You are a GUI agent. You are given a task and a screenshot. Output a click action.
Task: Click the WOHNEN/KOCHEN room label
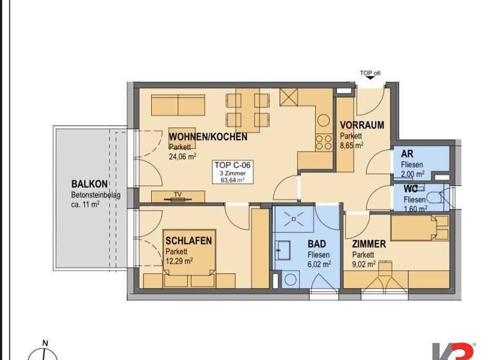[x=208, y=137]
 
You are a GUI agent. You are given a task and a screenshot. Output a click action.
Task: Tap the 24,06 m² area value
[x=183, y=155]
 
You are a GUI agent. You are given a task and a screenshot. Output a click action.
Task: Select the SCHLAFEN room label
[x=188, y=240]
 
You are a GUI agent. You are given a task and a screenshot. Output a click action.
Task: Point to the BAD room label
[x=316, y=244]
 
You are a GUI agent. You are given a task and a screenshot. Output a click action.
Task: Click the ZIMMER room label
[x=369, y=244]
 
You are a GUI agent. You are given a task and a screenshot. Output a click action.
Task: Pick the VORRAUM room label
[x=361, y=125]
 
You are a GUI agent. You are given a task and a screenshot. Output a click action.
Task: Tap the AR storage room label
[x=407, y=154]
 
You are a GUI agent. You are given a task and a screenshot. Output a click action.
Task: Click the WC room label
[x=410, y=189]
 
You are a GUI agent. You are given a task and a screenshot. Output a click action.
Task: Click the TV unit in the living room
[x=178, y=196]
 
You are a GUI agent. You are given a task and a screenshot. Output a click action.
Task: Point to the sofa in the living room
[x=178, y=105]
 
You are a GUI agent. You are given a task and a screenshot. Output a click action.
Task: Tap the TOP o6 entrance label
[x=370, y=73]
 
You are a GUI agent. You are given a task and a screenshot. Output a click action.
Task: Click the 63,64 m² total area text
[x=232, y=181]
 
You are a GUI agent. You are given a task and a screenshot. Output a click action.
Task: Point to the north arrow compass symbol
[x=44, y=352]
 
